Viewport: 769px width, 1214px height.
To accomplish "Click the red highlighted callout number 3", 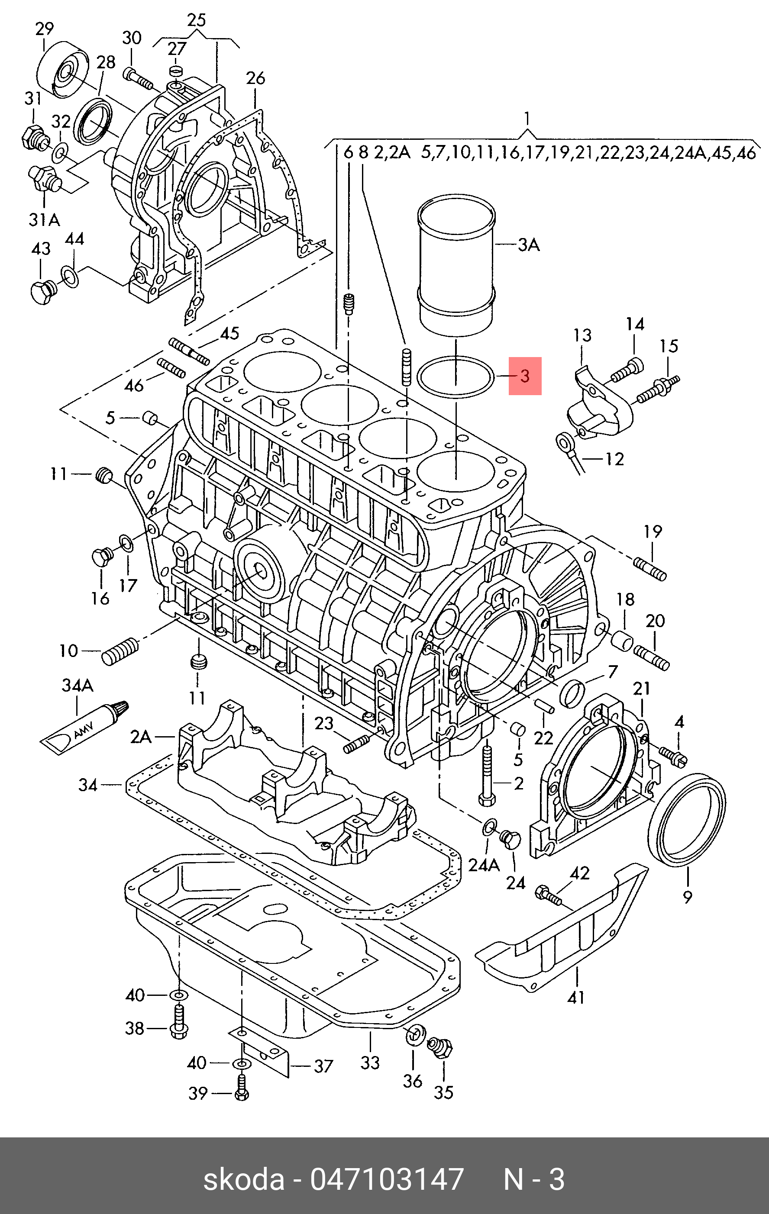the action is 525,376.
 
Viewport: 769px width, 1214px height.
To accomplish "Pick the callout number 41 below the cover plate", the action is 576,997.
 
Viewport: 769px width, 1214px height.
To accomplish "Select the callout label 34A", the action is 78,685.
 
